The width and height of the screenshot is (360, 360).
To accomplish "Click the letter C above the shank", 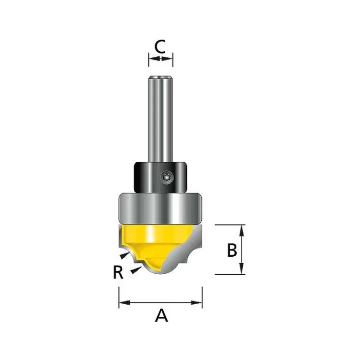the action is [160, 47].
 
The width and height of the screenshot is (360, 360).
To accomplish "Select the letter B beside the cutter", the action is [232, 250].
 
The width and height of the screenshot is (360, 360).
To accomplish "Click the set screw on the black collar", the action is [167, 177].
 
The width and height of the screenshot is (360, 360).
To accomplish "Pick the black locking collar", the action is [160, 177].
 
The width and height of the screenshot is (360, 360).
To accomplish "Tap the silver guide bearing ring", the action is [160, 208].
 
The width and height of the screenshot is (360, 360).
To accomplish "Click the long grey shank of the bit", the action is [160, 119].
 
